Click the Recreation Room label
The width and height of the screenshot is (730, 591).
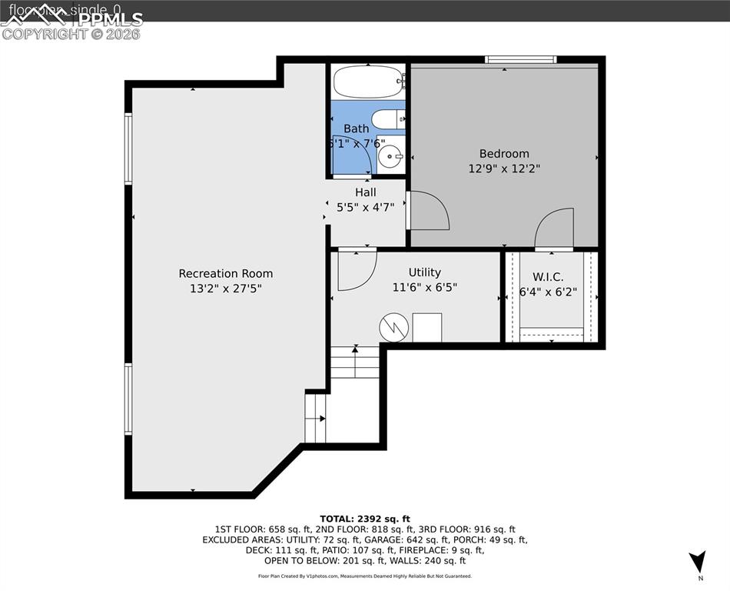click(225, 273)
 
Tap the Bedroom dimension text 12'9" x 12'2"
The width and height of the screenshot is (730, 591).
click(504, 168)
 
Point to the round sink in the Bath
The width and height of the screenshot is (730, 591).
click(392, 157)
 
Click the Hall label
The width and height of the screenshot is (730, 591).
click(365, 192)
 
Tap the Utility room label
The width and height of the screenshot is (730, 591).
click(424, 272)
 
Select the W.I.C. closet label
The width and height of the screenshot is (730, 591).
click(548, 276)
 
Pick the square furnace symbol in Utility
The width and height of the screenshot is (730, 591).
click(427, 327)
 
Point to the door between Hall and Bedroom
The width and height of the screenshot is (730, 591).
click(427, 209)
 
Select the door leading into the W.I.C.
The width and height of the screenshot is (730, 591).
click(555, 230)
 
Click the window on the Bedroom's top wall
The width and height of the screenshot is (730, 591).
click(520, 59)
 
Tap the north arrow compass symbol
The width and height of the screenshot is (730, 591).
click(696, 563)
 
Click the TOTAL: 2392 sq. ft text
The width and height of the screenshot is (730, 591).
click(365, 519)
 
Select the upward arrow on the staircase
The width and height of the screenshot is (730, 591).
click(355, 351)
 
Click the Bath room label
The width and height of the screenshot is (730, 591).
click(356, 129)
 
